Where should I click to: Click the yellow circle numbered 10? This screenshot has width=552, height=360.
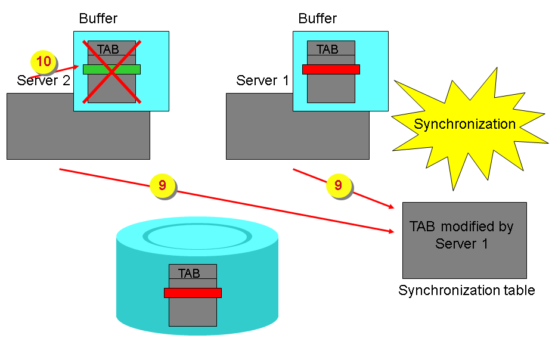[x=44, y=61]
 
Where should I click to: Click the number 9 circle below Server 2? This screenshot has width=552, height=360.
[x=162, y=185]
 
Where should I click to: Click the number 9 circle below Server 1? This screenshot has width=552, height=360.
[x=338, y=185]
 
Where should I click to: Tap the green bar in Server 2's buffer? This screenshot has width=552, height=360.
[x=111, y=69]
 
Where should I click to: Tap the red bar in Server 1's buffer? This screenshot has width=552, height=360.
[x=331, y=69]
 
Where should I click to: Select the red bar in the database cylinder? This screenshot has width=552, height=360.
[x=193, y=293]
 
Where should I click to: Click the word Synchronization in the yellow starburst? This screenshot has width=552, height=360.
[x=464, y=125]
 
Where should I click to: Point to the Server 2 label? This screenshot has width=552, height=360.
[x=44, y=80]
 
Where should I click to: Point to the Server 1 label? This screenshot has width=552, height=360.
[x=262, y=80]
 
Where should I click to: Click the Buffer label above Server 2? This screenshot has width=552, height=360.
[x=98, y=18]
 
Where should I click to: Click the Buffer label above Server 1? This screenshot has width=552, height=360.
[x=318, y=18]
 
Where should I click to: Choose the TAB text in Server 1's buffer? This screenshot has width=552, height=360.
[x=327, y=49]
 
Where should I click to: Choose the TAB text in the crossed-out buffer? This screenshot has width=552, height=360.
[x=108, y=49]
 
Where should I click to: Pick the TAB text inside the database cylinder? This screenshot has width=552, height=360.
[x=189, y=274]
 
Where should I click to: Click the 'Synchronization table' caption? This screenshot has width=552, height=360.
[x=466, y=290]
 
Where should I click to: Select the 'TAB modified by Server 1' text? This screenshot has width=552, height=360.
[x=461, y=235]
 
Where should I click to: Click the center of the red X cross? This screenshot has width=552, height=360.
[x=112, y=72]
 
